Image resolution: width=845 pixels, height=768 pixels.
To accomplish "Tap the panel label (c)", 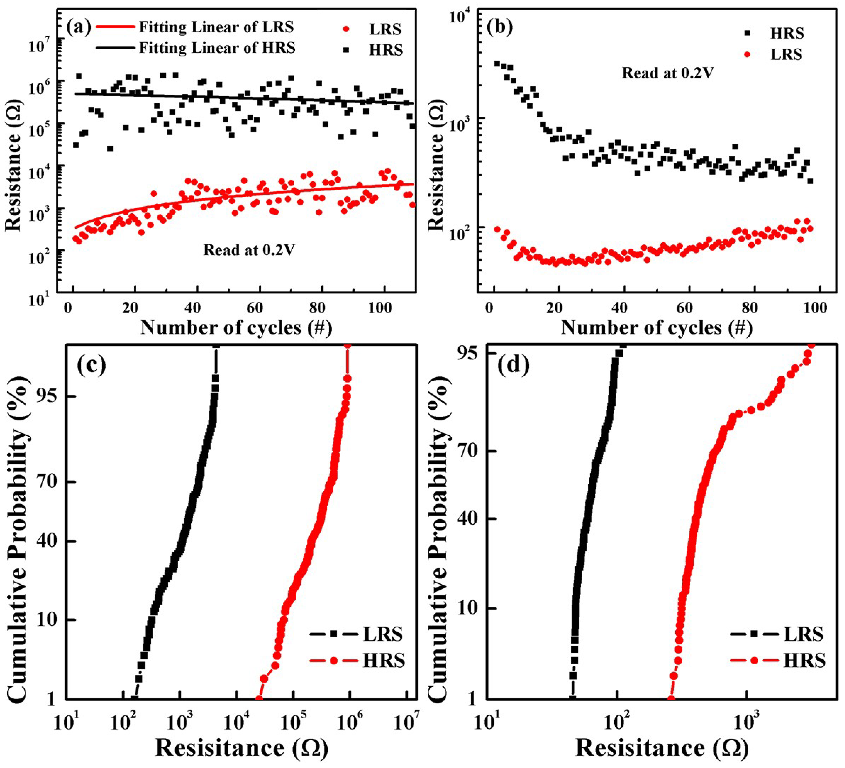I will [x=91, y=365].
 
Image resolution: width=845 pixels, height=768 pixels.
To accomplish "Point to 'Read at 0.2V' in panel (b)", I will [x=667, y=73].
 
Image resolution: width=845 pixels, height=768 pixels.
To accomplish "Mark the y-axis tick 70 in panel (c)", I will [x=49, y=482].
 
